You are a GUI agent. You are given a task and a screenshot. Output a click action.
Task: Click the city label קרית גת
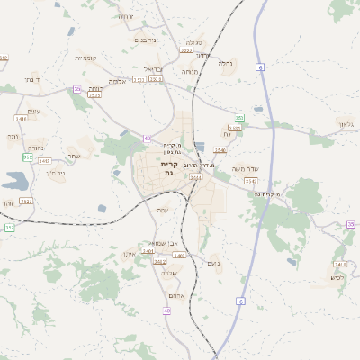click(x=168, y=169)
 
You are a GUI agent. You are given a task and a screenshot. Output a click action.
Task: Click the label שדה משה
click(x=244, y=168)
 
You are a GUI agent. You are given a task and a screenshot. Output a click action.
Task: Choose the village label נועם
click(x=213, y=263)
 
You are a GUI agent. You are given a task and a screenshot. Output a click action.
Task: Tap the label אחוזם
click(x=176, y=297)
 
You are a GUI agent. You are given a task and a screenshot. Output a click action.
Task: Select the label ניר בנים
click(x=144, y=40)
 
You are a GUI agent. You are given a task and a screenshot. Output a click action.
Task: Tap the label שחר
click(x=74, y=155)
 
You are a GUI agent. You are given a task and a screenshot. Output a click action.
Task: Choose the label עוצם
click(x=33, y=112)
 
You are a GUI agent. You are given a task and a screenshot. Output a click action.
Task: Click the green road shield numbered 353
click(x=239, y=118)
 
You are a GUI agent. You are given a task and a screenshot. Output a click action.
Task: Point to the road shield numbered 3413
click(x=339, y=264)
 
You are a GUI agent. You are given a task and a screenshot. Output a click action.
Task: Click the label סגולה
click(x=194, y=42)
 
